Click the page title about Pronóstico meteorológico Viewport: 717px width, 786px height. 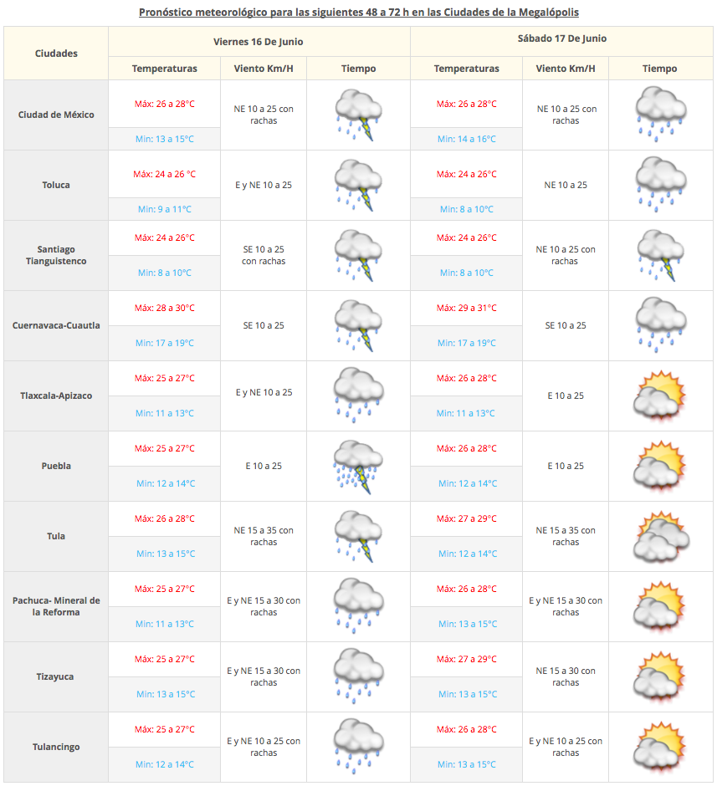click(358, 13)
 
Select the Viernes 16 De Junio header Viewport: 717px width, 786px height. click(259, 41)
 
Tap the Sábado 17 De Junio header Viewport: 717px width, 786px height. click(562, 38)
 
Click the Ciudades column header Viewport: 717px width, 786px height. click(56, 53)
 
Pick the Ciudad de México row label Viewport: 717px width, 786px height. click(56, 115)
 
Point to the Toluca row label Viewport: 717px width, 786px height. click(56, 185)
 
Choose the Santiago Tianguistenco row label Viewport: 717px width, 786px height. click(56, 255)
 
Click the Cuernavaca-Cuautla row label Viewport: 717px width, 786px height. click(56, 325)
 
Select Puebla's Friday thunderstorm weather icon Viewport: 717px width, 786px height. click(358, 466)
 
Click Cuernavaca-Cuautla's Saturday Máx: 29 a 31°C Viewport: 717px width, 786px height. click(466, 308)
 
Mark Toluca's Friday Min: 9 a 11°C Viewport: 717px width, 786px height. click(164, 209)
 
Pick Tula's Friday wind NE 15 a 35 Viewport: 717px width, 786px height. click(264, 536)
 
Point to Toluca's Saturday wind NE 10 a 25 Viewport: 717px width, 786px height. click(566, 185)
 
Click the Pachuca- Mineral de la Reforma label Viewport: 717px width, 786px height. click(56, 606)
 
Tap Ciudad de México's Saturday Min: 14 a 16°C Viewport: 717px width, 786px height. click(466, 139)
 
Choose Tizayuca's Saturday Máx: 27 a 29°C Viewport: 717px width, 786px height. click(466, 659)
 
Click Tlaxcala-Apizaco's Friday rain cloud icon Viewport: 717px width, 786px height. click(358, 396)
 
